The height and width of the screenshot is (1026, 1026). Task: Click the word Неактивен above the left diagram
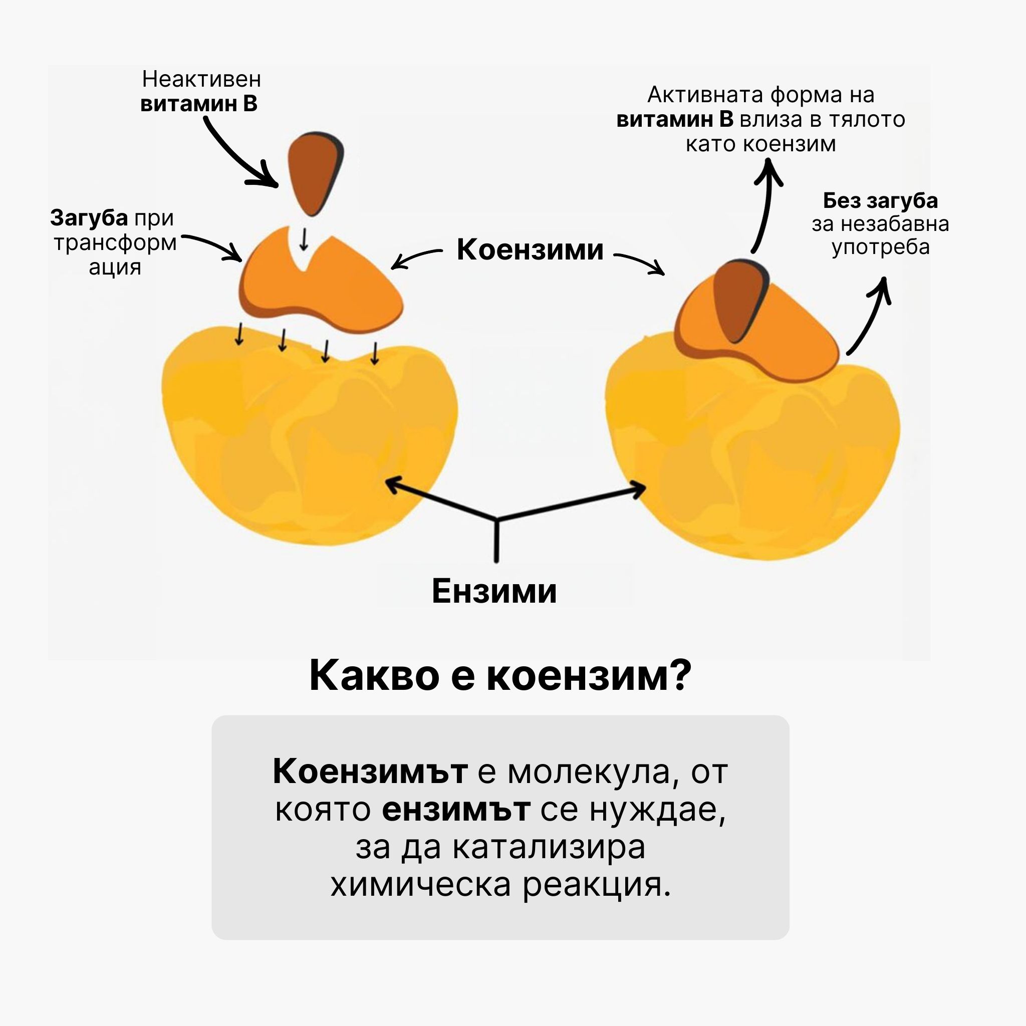point(201,80)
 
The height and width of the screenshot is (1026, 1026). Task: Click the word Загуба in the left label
point(89,218)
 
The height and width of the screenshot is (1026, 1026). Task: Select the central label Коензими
point(530,249)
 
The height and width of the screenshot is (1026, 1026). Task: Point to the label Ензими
point(494,591)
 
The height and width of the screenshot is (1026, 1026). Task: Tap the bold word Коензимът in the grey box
point(370,771)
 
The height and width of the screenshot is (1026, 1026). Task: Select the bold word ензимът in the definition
point(456,810)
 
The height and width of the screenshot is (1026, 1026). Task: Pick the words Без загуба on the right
point(880,201)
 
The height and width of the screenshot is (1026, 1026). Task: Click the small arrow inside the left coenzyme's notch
point(304,239)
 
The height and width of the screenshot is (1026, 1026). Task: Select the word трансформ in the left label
point(115,242)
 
